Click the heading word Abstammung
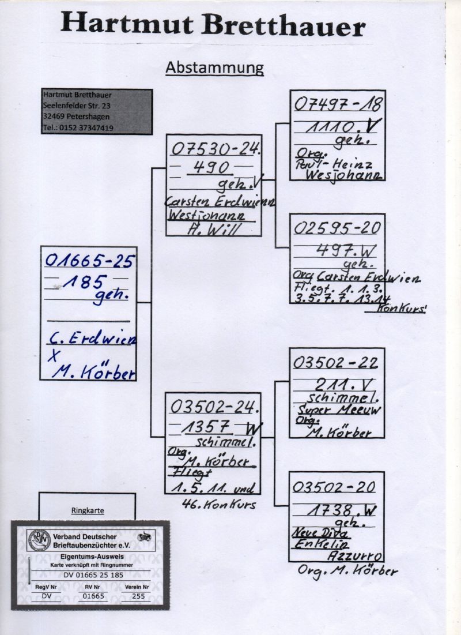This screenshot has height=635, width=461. [x=214, y=67]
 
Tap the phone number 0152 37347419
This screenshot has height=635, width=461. [x=85, y=128]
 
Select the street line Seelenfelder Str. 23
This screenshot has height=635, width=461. [x=77, y=106]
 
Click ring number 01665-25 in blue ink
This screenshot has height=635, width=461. [x=89, y=262]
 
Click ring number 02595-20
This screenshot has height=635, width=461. [x=337, y=228]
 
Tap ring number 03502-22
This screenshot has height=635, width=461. [x=335, y=362]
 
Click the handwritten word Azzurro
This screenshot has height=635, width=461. [x=354, y=556]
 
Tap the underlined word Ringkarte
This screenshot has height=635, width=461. [x=86, y=510]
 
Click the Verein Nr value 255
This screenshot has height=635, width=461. [x=138, y=596]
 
